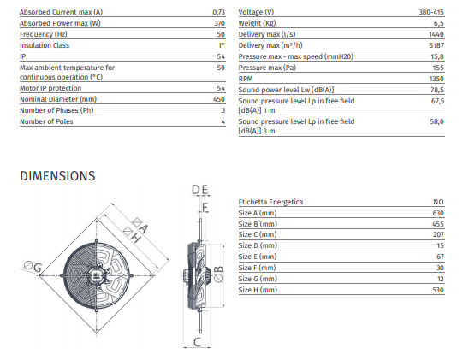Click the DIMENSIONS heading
click(x=57, y=176)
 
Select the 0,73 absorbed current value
click(x=219, y=12)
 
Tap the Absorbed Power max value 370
click(x=219, y=23)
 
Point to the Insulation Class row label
click(x=45, y=45)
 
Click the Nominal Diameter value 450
click(x=219, y=99)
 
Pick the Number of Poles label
click(x=46, y=121)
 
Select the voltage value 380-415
click(x=431, y=12)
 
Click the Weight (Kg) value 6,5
click(x=439, y=23)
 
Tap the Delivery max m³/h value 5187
click(x=436, y=45)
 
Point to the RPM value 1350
click(x=436, y=79)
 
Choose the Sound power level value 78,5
click(x=437, y=90)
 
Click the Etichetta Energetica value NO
click(x=438, y=202)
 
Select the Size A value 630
click(x=438, y=213)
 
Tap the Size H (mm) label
click(x=258, y=290)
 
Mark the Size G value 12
click(x=441, y=279)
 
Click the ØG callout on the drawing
click(x=33, y=267)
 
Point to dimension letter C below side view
click(x=197, y=342)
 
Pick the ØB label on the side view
click(x=219, y=274)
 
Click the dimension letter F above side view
click(x=205, y=207)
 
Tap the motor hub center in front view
click(x=97, y=275)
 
